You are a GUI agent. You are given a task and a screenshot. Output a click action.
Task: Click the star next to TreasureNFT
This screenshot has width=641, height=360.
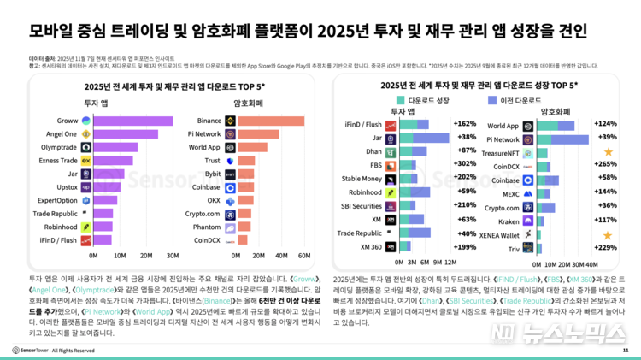click(x=608, y=151)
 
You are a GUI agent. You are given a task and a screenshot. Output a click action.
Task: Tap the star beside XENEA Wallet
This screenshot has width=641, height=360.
click(x=608, y=234)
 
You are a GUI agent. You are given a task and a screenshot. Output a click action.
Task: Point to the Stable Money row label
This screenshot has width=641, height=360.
click(x=361, y=179)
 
